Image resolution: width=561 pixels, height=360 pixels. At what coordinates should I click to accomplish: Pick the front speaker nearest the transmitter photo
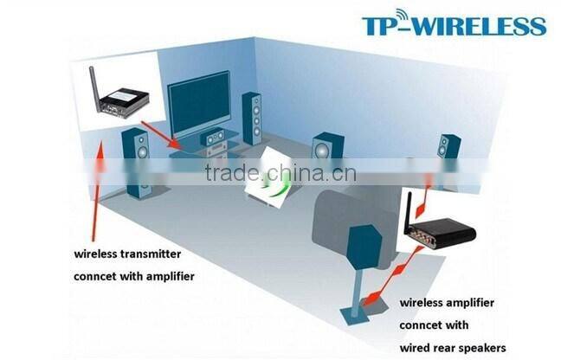pyautogui.click(x=137, y=160)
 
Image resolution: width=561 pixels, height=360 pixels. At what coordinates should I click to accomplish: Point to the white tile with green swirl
pyautogui.click(x=276, y=177)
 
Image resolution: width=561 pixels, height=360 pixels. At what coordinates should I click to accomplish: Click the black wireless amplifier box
pyautogui.click(x=442, y=238)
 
